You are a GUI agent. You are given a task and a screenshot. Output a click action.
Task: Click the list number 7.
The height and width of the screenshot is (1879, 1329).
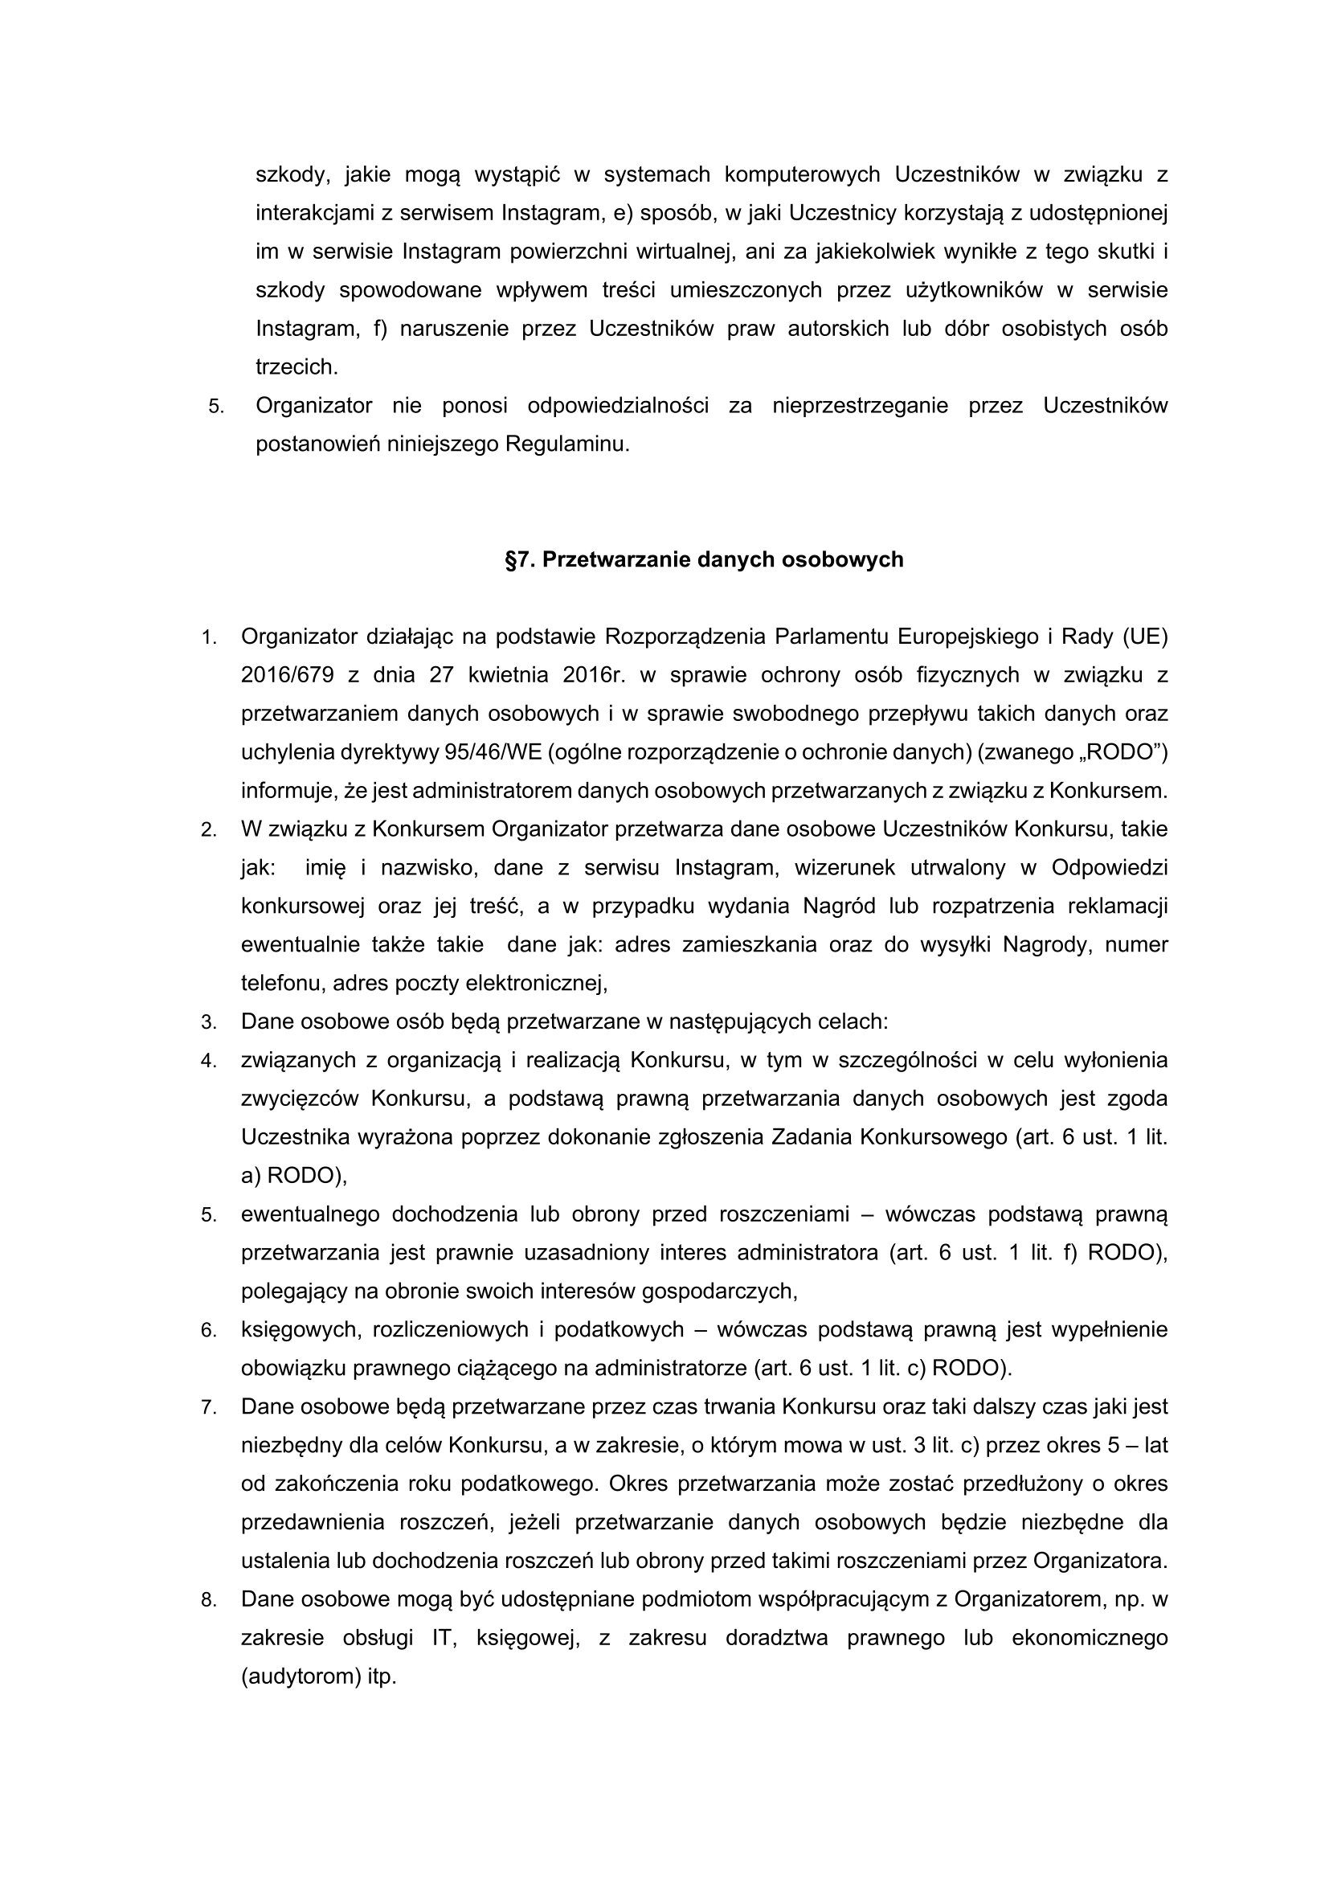[x=208, y=1407]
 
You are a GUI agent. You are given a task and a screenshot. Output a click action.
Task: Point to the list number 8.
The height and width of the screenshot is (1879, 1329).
[x=208, y=1600]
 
